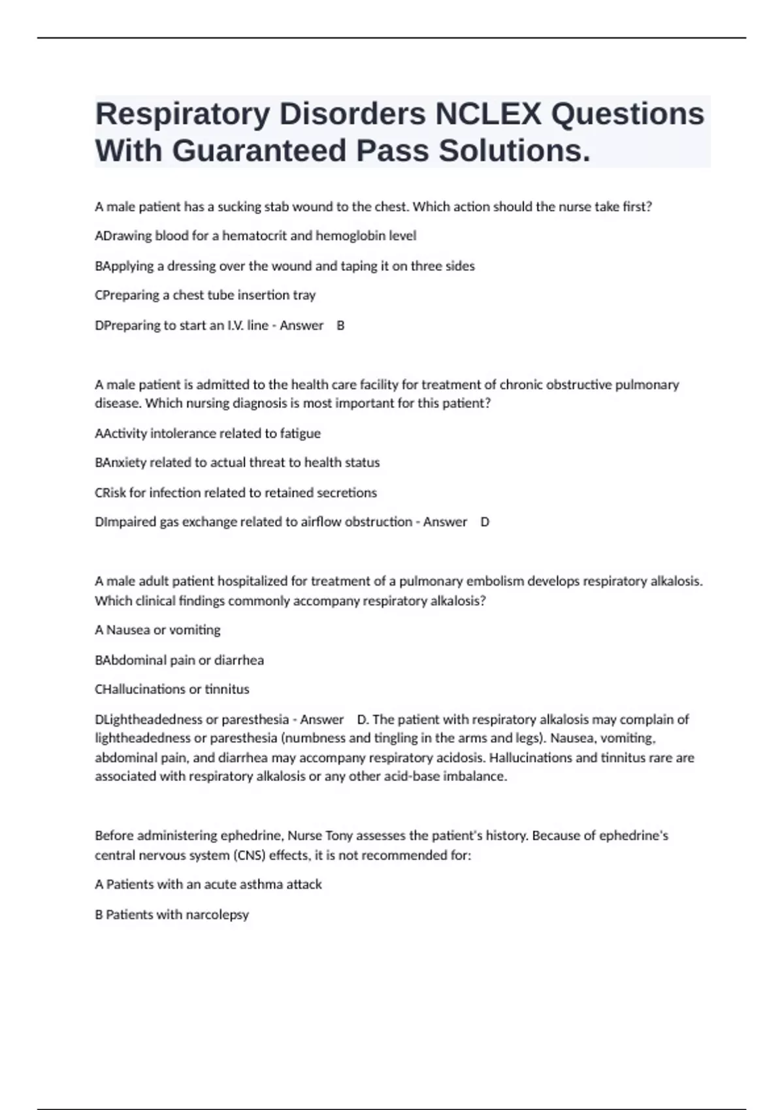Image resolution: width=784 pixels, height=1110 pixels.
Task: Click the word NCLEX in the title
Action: (x=488, y=114)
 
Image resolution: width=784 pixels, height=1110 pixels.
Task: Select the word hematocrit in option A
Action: (x=254, y=236)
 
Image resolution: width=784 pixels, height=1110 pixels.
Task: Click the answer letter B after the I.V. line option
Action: (x=340, y=325)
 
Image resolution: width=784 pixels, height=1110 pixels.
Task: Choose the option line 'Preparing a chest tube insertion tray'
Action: (x=205, y=295)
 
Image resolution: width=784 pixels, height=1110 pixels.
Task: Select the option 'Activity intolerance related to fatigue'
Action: (x=208, y=433)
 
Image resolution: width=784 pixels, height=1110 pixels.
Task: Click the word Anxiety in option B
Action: (x=124, y=462)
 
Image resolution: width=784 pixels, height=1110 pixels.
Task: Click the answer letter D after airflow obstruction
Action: (x=485, y=522)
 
